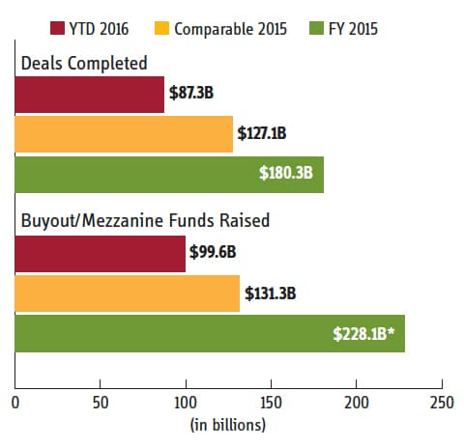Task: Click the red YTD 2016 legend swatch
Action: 57,28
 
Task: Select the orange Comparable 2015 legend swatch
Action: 161,28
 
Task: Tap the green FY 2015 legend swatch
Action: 316,28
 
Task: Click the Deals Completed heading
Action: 84,63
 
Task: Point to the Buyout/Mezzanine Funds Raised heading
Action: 145,221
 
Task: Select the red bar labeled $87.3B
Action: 90,95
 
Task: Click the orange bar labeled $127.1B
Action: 124,134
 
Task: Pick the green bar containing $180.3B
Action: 169,175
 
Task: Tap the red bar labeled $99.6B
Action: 101,254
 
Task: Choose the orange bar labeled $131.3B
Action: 128,294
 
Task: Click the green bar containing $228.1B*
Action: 210,333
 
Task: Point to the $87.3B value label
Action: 191,93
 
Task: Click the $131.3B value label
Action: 270,294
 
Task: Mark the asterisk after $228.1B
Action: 391,331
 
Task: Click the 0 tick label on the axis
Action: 15,403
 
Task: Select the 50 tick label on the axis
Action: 101,403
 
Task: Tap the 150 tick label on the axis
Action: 271,403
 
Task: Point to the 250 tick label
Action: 442,403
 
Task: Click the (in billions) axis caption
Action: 228,425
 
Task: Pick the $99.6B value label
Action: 213,252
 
